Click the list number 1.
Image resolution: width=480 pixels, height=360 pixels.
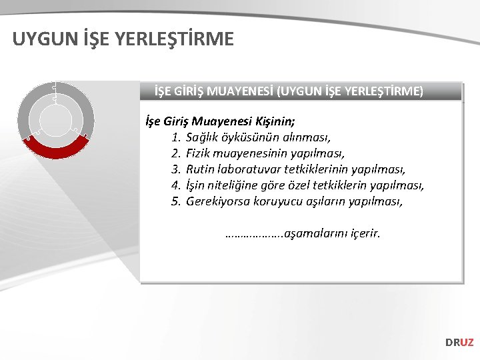(x=176, y=138)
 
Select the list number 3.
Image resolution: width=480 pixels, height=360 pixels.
(x=176, y=170)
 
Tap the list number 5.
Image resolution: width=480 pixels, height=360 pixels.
(x=176, y=201)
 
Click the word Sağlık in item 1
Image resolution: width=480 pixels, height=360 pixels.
(x=203, y=138)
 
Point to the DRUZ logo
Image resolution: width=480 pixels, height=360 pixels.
(x=459, y=343)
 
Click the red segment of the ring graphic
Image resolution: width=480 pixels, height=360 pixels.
(x=57, y=148)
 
